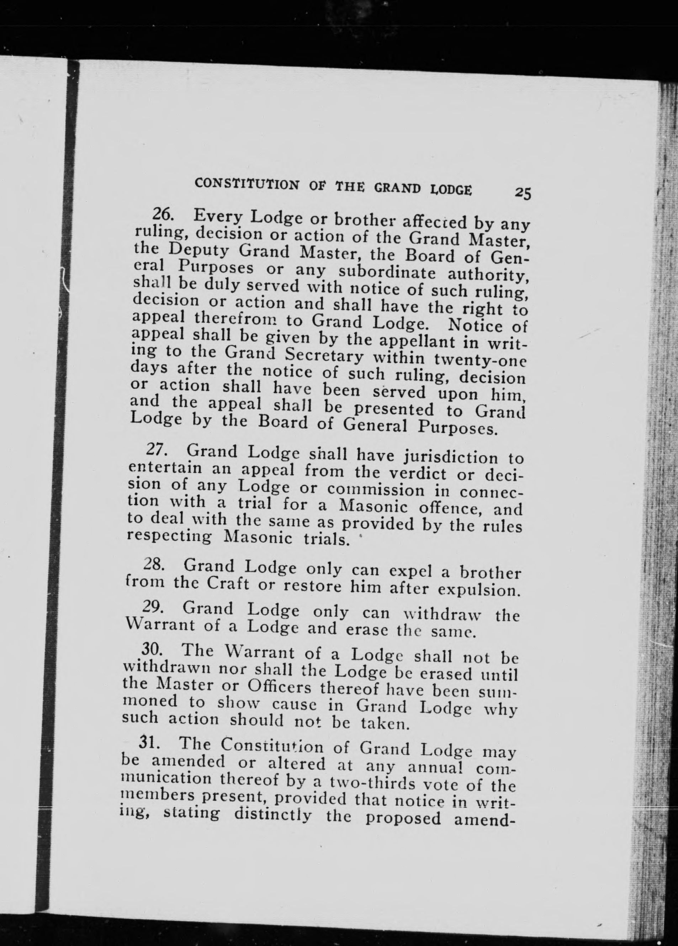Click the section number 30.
click(150, 651)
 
